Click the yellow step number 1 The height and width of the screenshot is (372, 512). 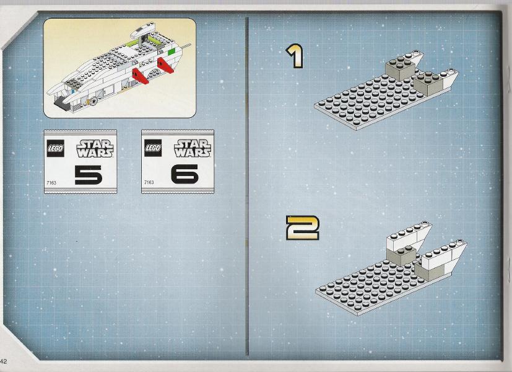(x=295, y=56)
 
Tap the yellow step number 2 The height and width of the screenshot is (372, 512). (x=302, y=228)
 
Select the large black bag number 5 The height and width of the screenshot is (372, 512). (x=88, y=175)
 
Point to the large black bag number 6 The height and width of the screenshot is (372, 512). (x=184, y=174)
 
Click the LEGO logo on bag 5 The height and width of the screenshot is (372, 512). (x=55, y=148)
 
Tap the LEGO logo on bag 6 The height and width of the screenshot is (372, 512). (x=153, y=148)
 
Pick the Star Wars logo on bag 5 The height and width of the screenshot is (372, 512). (x=95, y=149)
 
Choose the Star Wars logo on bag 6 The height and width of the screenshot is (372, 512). (x=193, y=148)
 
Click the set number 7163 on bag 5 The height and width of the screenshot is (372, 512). (x=51, y=183)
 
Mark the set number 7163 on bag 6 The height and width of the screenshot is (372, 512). (x=149, y=182)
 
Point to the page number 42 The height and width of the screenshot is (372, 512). (x=3, y=361)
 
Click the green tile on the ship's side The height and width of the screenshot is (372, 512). (x=171, y=51)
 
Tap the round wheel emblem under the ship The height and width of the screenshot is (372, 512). (x=94, y=100)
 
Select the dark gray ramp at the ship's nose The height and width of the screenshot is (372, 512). (x=61, y=104)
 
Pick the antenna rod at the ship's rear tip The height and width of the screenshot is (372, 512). (x=186, y=46)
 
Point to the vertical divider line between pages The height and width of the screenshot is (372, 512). (x=248, y=187)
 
